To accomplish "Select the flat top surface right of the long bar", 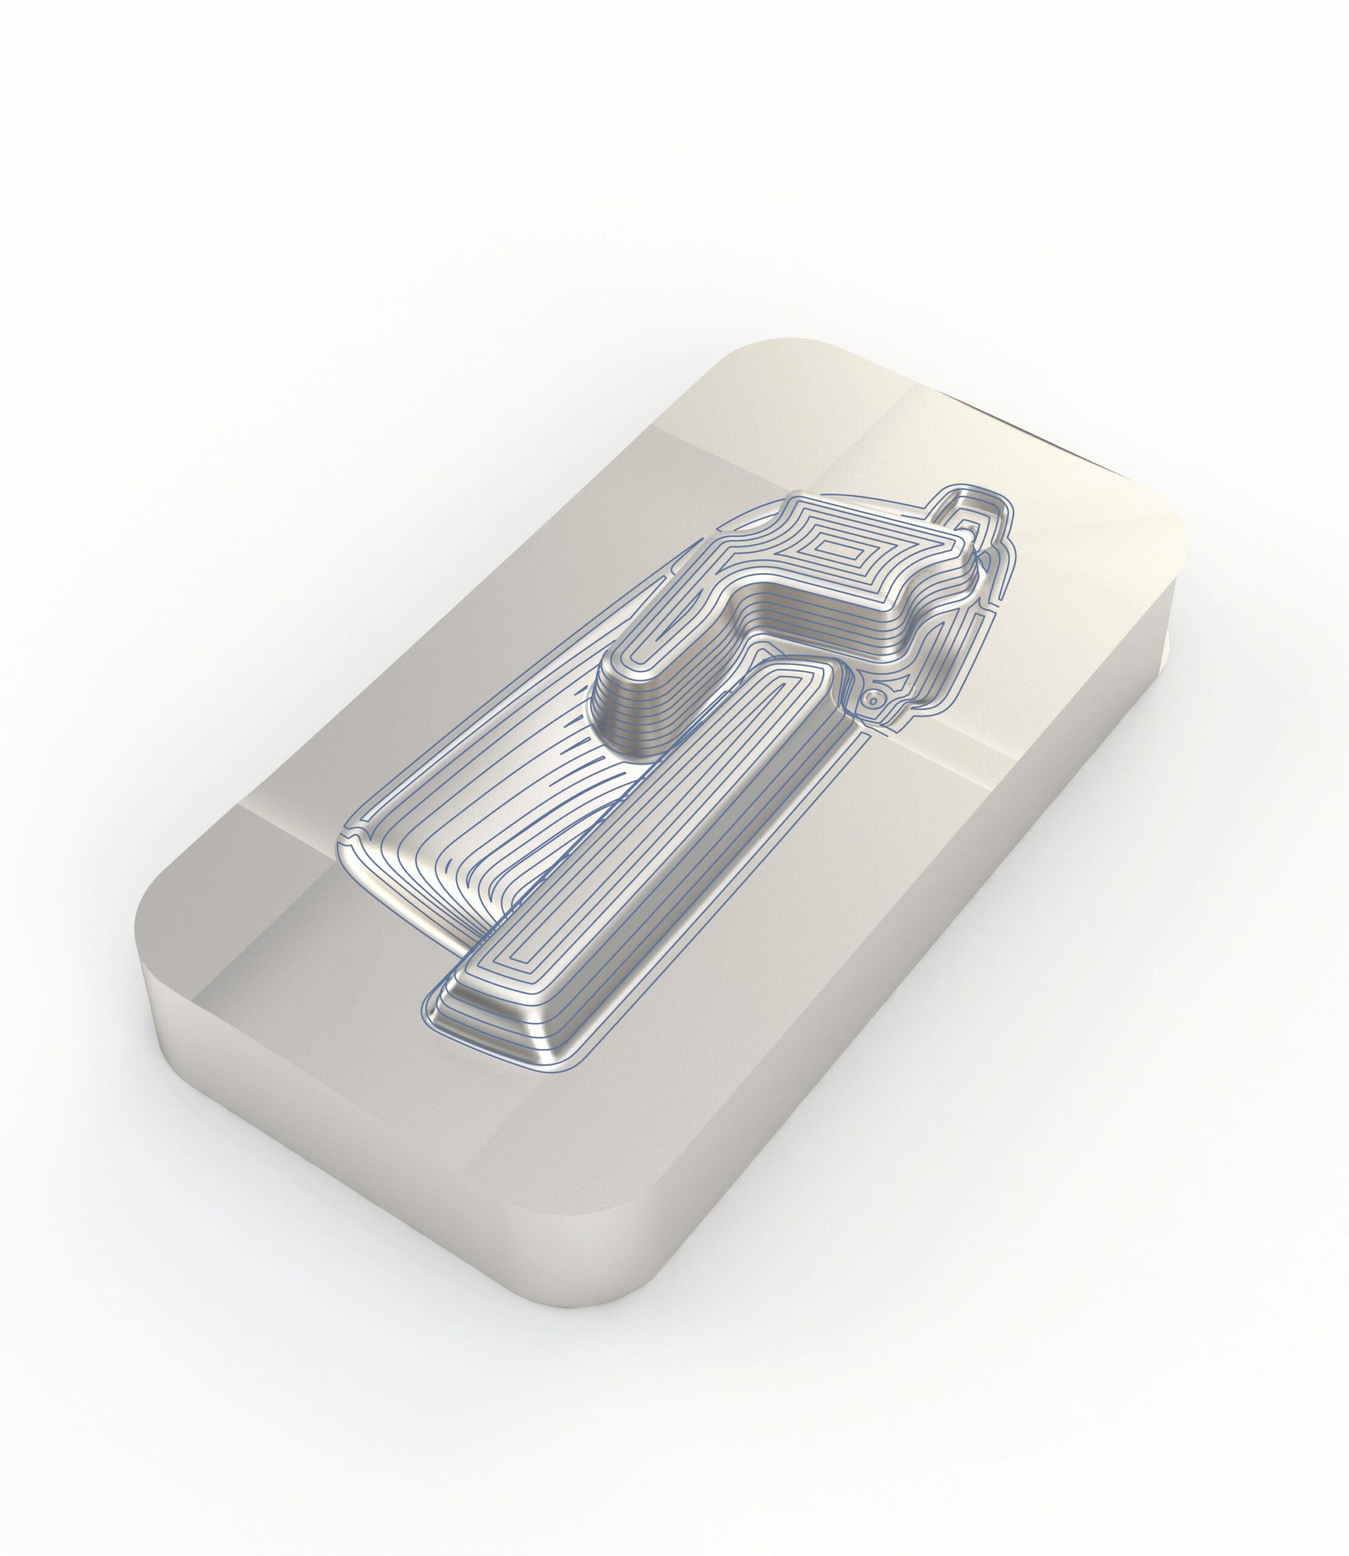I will pyautogui.click(x=866, y=941).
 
